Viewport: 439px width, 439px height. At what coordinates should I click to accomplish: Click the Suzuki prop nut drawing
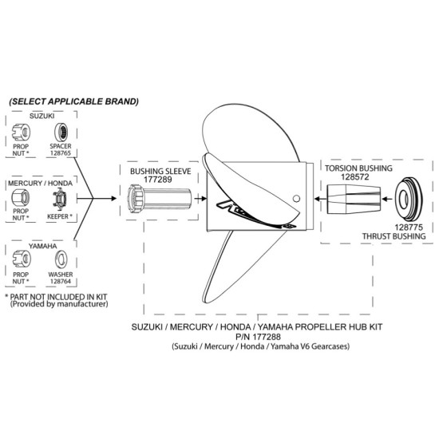click(x=22, y=132)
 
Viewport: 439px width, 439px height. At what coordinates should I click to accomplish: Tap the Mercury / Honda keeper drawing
click(x=60, y=199)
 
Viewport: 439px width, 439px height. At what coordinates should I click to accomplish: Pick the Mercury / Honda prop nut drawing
click(x=21, y=198)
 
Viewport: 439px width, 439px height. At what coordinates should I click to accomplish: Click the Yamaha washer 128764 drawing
click(x=61, y=259)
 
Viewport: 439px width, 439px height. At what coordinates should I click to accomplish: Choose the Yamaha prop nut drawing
click(x=22, y=259)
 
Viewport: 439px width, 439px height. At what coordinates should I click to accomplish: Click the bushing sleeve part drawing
click(x=160, y=199)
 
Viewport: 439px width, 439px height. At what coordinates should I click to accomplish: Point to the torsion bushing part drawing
click(x=354, y=200)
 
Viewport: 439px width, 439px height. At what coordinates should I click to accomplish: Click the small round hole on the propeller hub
click(x=296, y=199)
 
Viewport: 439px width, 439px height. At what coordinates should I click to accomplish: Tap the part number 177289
click(x=158, y=180)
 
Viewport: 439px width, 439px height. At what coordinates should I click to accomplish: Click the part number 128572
click(x=355, y=177)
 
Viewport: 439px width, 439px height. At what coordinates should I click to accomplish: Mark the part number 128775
click(x=409, y=227)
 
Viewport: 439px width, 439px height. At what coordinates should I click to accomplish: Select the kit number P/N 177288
click(x=258, y=336)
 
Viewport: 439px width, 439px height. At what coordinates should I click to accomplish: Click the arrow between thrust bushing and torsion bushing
click(x=387, y=199)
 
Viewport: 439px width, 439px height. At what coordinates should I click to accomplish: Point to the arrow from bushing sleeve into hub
click(x=200, y=199)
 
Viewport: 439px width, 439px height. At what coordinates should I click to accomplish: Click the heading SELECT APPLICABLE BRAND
click(x=73, y=101)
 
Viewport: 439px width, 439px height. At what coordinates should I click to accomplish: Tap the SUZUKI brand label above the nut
click(x=42, y=116)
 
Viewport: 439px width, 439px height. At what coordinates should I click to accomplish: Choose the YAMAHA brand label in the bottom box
click(x=42, y=246)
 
